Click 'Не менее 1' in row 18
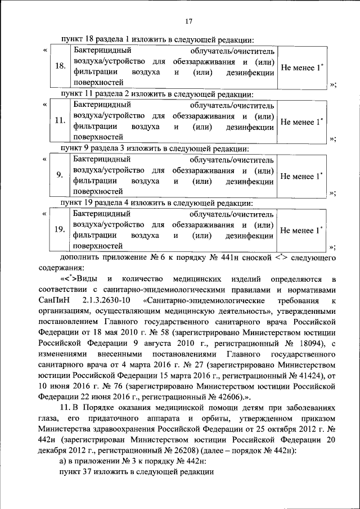(x=301, y=67)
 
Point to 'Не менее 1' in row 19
(x=301, y=230)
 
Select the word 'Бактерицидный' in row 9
(x=101, y=159)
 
